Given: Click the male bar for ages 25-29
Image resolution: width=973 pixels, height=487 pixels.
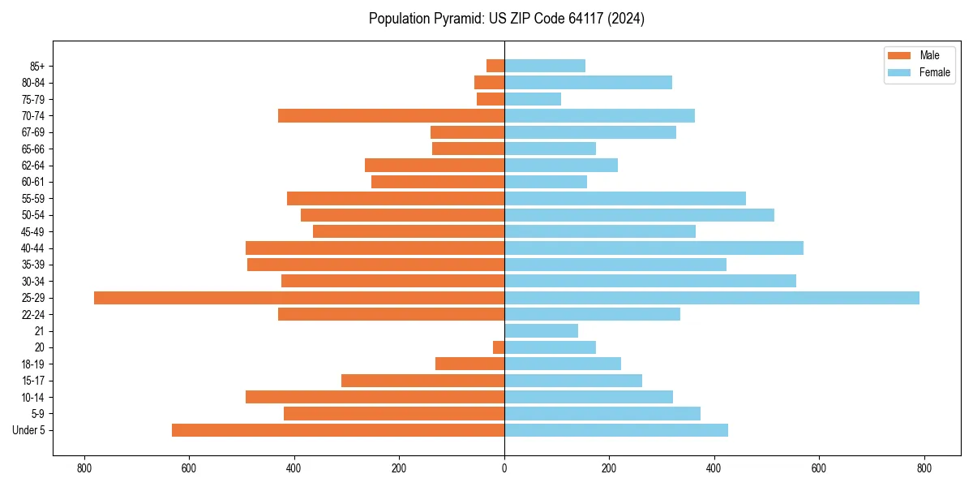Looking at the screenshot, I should click(299, 298).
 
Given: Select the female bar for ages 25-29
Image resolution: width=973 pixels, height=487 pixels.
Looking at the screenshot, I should click(712, 298).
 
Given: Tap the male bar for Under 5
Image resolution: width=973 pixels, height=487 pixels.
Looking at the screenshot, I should click(338, 430).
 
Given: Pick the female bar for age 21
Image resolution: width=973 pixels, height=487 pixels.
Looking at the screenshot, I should click(541, 331).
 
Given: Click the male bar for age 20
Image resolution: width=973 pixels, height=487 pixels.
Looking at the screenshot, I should click(499, 347).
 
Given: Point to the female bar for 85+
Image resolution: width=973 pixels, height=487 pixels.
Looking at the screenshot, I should click(545, 66).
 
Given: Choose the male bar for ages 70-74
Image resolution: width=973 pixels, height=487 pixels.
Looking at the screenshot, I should click(391, 115).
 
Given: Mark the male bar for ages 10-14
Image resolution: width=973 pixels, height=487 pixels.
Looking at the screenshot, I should click(375, 397).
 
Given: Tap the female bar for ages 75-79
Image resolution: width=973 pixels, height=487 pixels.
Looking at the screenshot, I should click(533, 99).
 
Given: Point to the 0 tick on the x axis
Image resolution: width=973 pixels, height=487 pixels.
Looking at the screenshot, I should click(504, 468).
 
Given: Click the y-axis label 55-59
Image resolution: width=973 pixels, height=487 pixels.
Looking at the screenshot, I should click(33, 199).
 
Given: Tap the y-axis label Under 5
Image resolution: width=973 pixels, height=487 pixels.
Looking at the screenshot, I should click(29, 430).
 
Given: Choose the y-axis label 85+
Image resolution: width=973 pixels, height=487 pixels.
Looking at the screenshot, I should click(37, 66).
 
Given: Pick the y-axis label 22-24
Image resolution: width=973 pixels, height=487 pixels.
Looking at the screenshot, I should click(33, 315).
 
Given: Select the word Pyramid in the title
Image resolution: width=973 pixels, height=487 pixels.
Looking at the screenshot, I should click(454, 19).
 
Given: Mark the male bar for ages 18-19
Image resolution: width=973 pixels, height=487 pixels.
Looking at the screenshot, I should click(469, 364).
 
